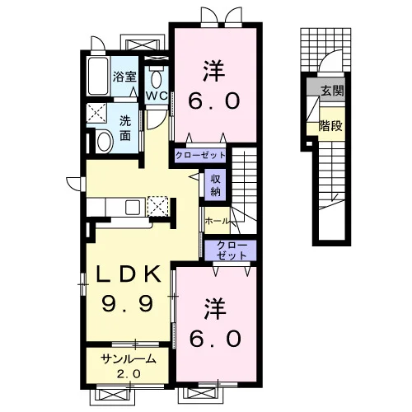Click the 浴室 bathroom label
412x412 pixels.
coord(124,77)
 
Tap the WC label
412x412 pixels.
coord(157,96)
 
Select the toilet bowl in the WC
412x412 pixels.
coord(156,79)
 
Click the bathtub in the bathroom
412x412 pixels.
coord(98,76)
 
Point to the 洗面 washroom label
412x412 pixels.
coord(125,129)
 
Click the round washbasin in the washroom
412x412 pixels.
coord(105,142)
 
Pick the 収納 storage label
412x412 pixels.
coord(215,185)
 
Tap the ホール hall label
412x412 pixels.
coord(217,221)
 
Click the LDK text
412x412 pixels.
coord(129,274)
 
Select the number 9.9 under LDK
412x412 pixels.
coord(127,303)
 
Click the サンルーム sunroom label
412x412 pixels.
coord(129,359)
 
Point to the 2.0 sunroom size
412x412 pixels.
coord(129,373)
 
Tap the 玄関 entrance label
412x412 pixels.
coord(332,91)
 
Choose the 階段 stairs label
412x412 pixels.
coord(330,126)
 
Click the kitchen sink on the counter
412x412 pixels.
coord(133,208)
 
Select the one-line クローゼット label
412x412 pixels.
coord(200,156)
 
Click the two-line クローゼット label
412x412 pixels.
coord(232,250)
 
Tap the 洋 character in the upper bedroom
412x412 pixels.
coord(214,71)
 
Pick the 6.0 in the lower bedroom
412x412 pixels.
coord(216,339)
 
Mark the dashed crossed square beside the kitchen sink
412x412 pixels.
coord(157,206)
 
